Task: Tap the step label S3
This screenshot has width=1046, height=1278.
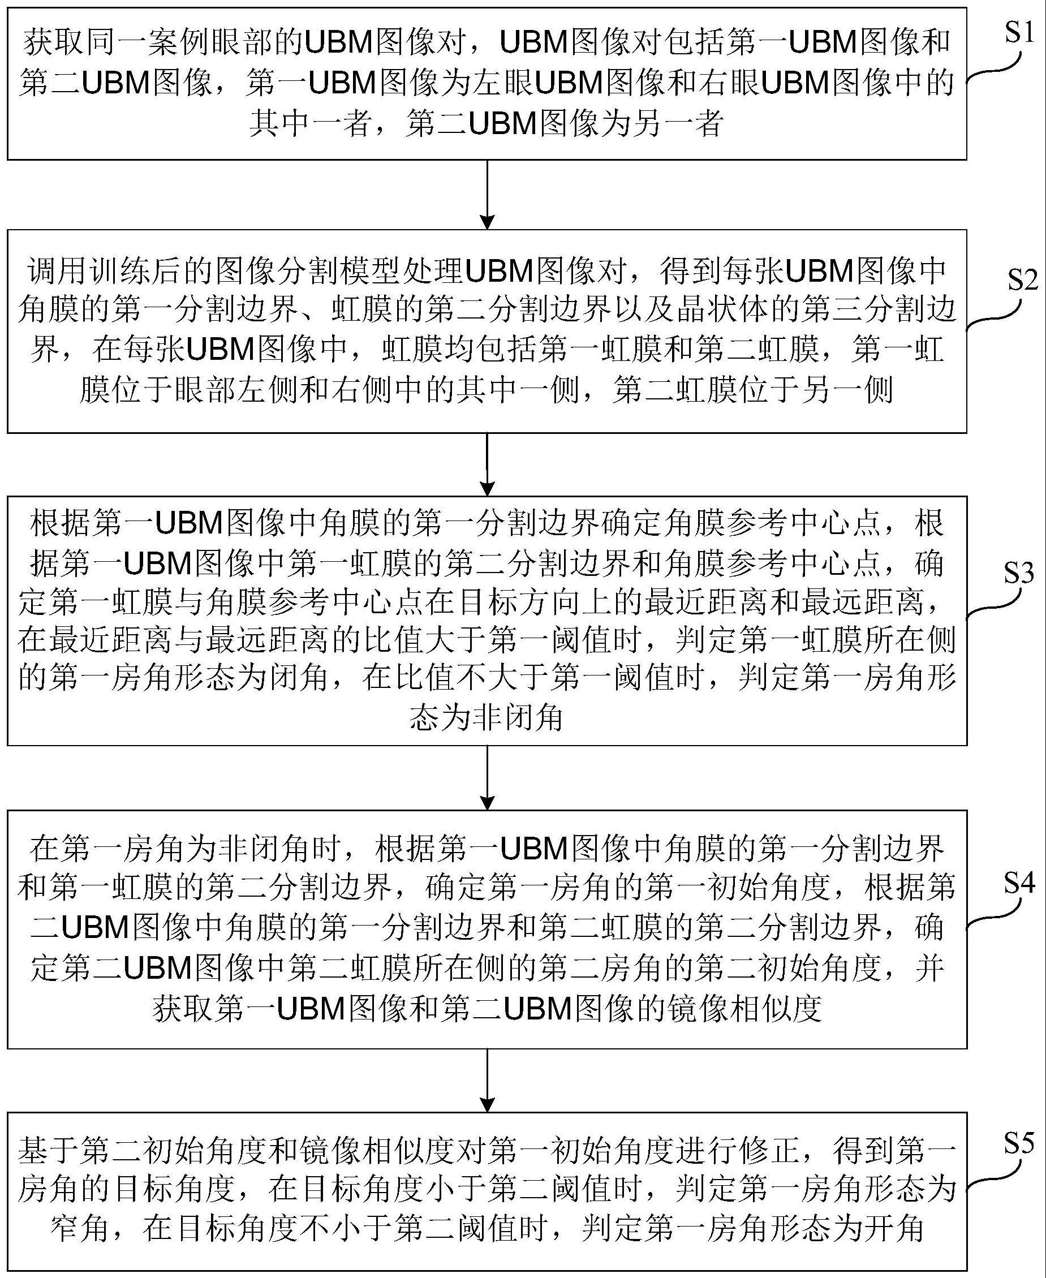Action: click(1018, 573)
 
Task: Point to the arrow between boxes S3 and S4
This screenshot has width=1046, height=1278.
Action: click(488, 777)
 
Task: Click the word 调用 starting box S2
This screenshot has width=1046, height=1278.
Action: click(57, 272)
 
